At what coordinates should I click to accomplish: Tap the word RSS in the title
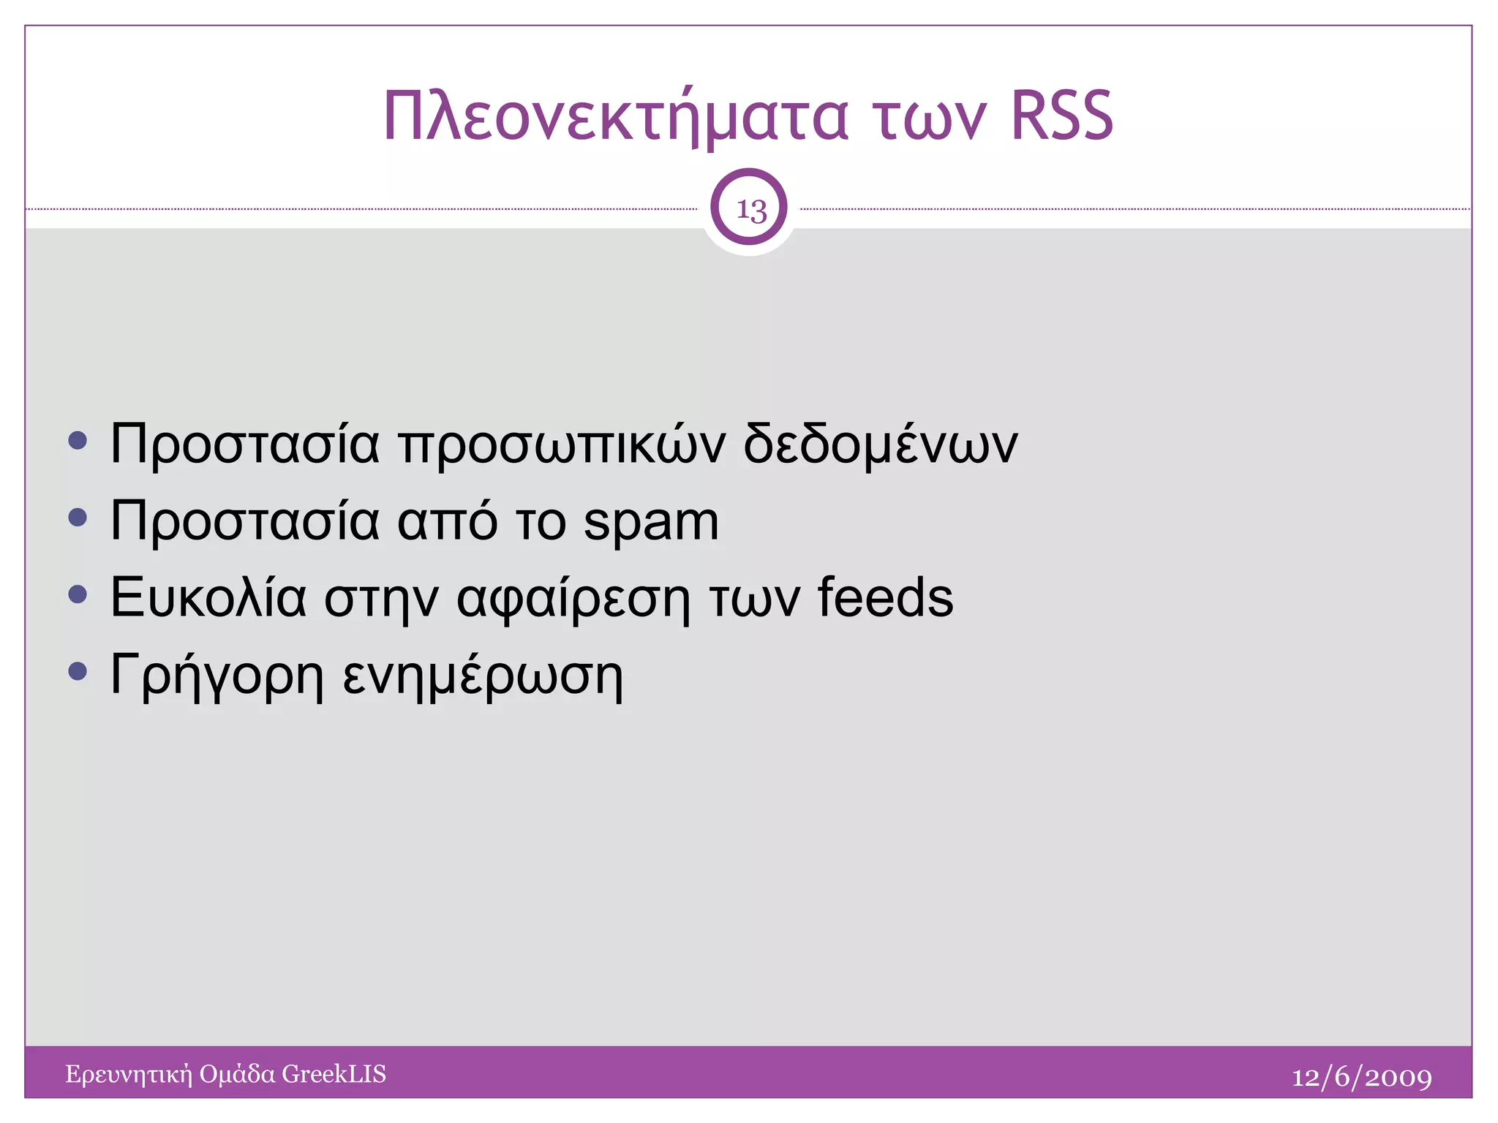point(1061,117)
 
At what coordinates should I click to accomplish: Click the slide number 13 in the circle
point(750,209)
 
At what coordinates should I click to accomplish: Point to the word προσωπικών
point(562,445)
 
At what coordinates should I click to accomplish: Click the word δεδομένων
point(880,443)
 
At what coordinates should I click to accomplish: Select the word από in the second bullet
point(447,521)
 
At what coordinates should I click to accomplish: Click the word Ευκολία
point(208,597)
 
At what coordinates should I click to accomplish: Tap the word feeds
point(885,597)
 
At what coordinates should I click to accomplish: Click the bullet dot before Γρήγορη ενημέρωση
point(77,670)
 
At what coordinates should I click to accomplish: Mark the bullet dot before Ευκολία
point(77,594)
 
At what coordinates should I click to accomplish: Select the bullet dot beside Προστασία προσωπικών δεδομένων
point(77,441)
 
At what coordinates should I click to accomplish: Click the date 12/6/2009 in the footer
point(1361,1077)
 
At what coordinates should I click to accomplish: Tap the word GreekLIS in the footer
point(334,1073)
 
